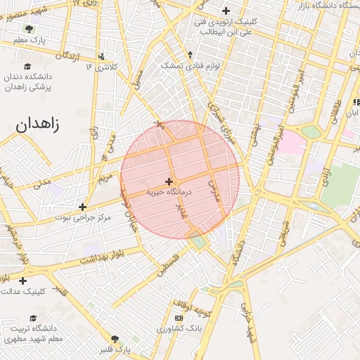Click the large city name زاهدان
coord(37,125)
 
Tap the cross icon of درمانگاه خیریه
coord(169,181)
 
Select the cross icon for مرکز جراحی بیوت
coord(83,207)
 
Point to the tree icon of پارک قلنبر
coord(115,339)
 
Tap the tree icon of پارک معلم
coord(29,29)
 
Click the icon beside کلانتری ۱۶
coord(103,56)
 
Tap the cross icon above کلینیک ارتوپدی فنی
coord(226,11)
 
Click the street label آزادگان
coord(68,56)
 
